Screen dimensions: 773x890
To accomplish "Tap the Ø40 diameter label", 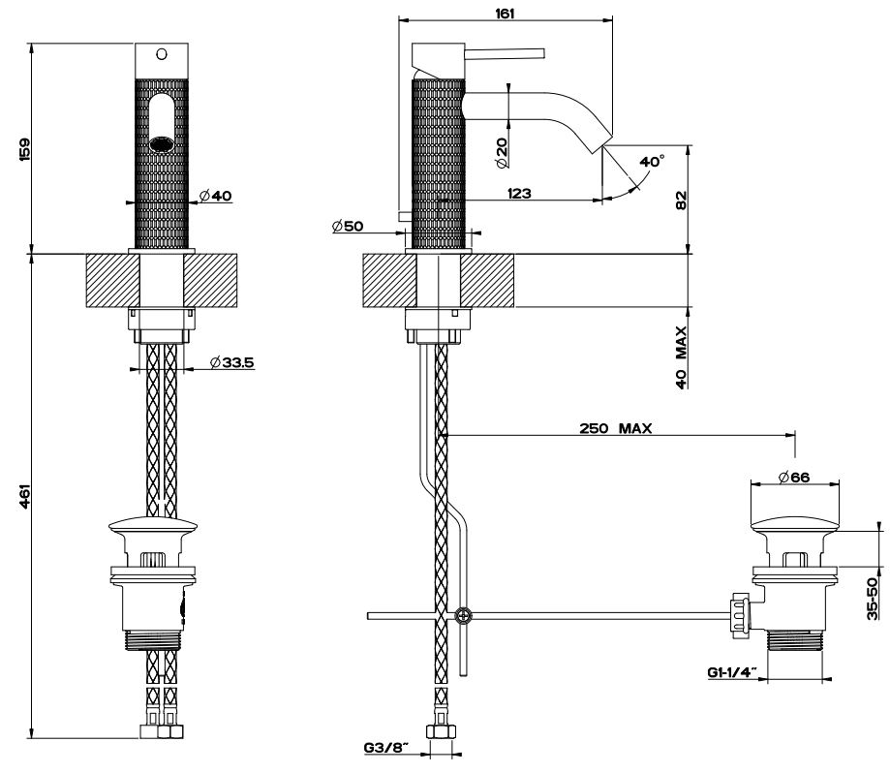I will [x=214, y=196].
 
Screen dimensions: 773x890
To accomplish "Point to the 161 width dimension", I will [x=506, y=14].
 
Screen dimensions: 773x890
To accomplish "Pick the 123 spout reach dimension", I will [x=518, y=194].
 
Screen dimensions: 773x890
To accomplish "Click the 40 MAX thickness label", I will [x=681, y=356].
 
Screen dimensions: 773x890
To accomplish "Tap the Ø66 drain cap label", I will [x=793, y=476].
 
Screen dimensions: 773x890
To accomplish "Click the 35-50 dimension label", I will [x=873, y=598].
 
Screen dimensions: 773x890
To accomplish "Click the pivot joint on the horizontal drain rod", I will [x=464, y=615].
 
